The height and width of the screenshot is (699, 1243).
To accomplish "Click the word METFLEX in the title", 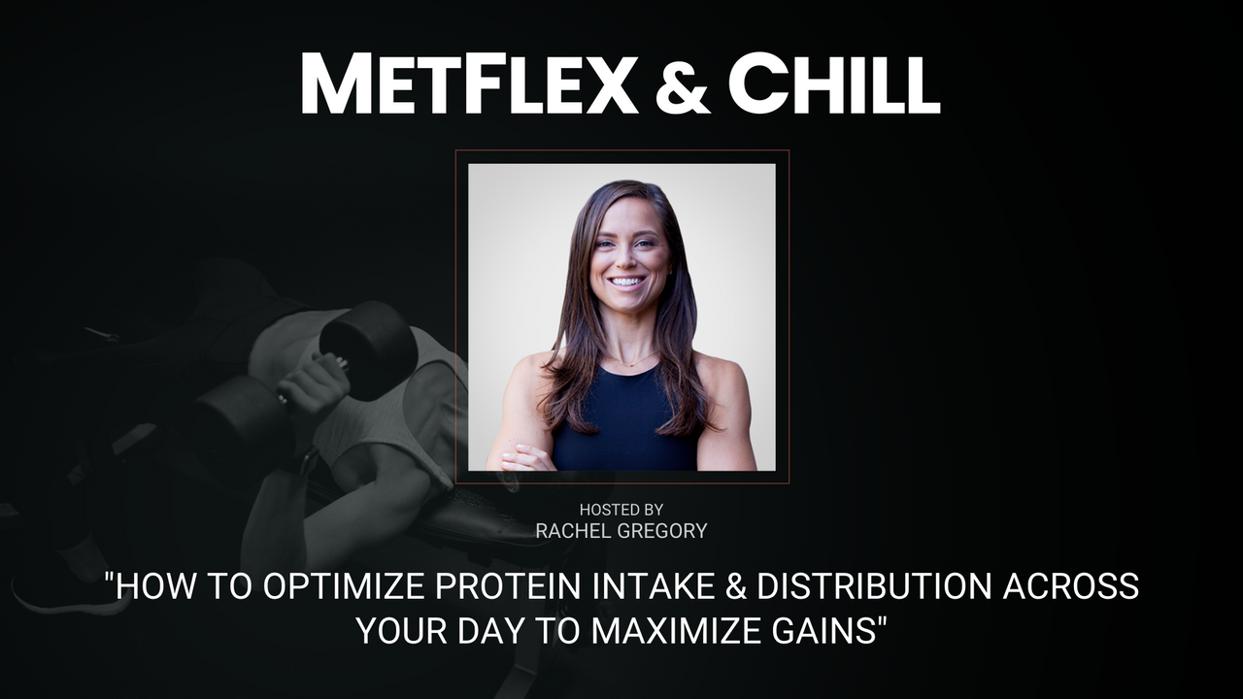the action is [469, 83].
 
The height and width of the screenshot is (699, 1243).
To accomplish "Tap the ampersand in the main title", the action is [683, 84].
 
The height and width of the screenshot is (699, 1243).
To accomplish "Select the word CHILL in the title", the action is [834, 83].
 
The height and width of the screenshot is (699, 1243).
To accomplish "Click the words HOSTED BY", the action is [621, 510].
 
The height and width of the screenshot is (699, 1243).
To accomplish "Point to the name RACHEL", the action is [572, 531].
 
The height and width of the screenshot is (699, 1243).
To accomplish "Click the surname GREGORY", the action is [662, 531].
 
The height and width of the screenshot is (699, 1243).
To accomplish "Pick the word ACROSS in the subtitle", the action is [1071, 585].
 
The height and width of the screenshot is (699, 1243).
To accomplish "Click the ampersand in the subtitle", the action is [736, 585].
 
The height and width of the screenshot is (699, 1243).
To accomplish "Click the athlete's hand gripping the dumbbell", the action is [314, 383].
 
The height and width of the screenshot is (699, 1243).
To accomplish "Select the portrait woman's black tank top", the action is [624, 421].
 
